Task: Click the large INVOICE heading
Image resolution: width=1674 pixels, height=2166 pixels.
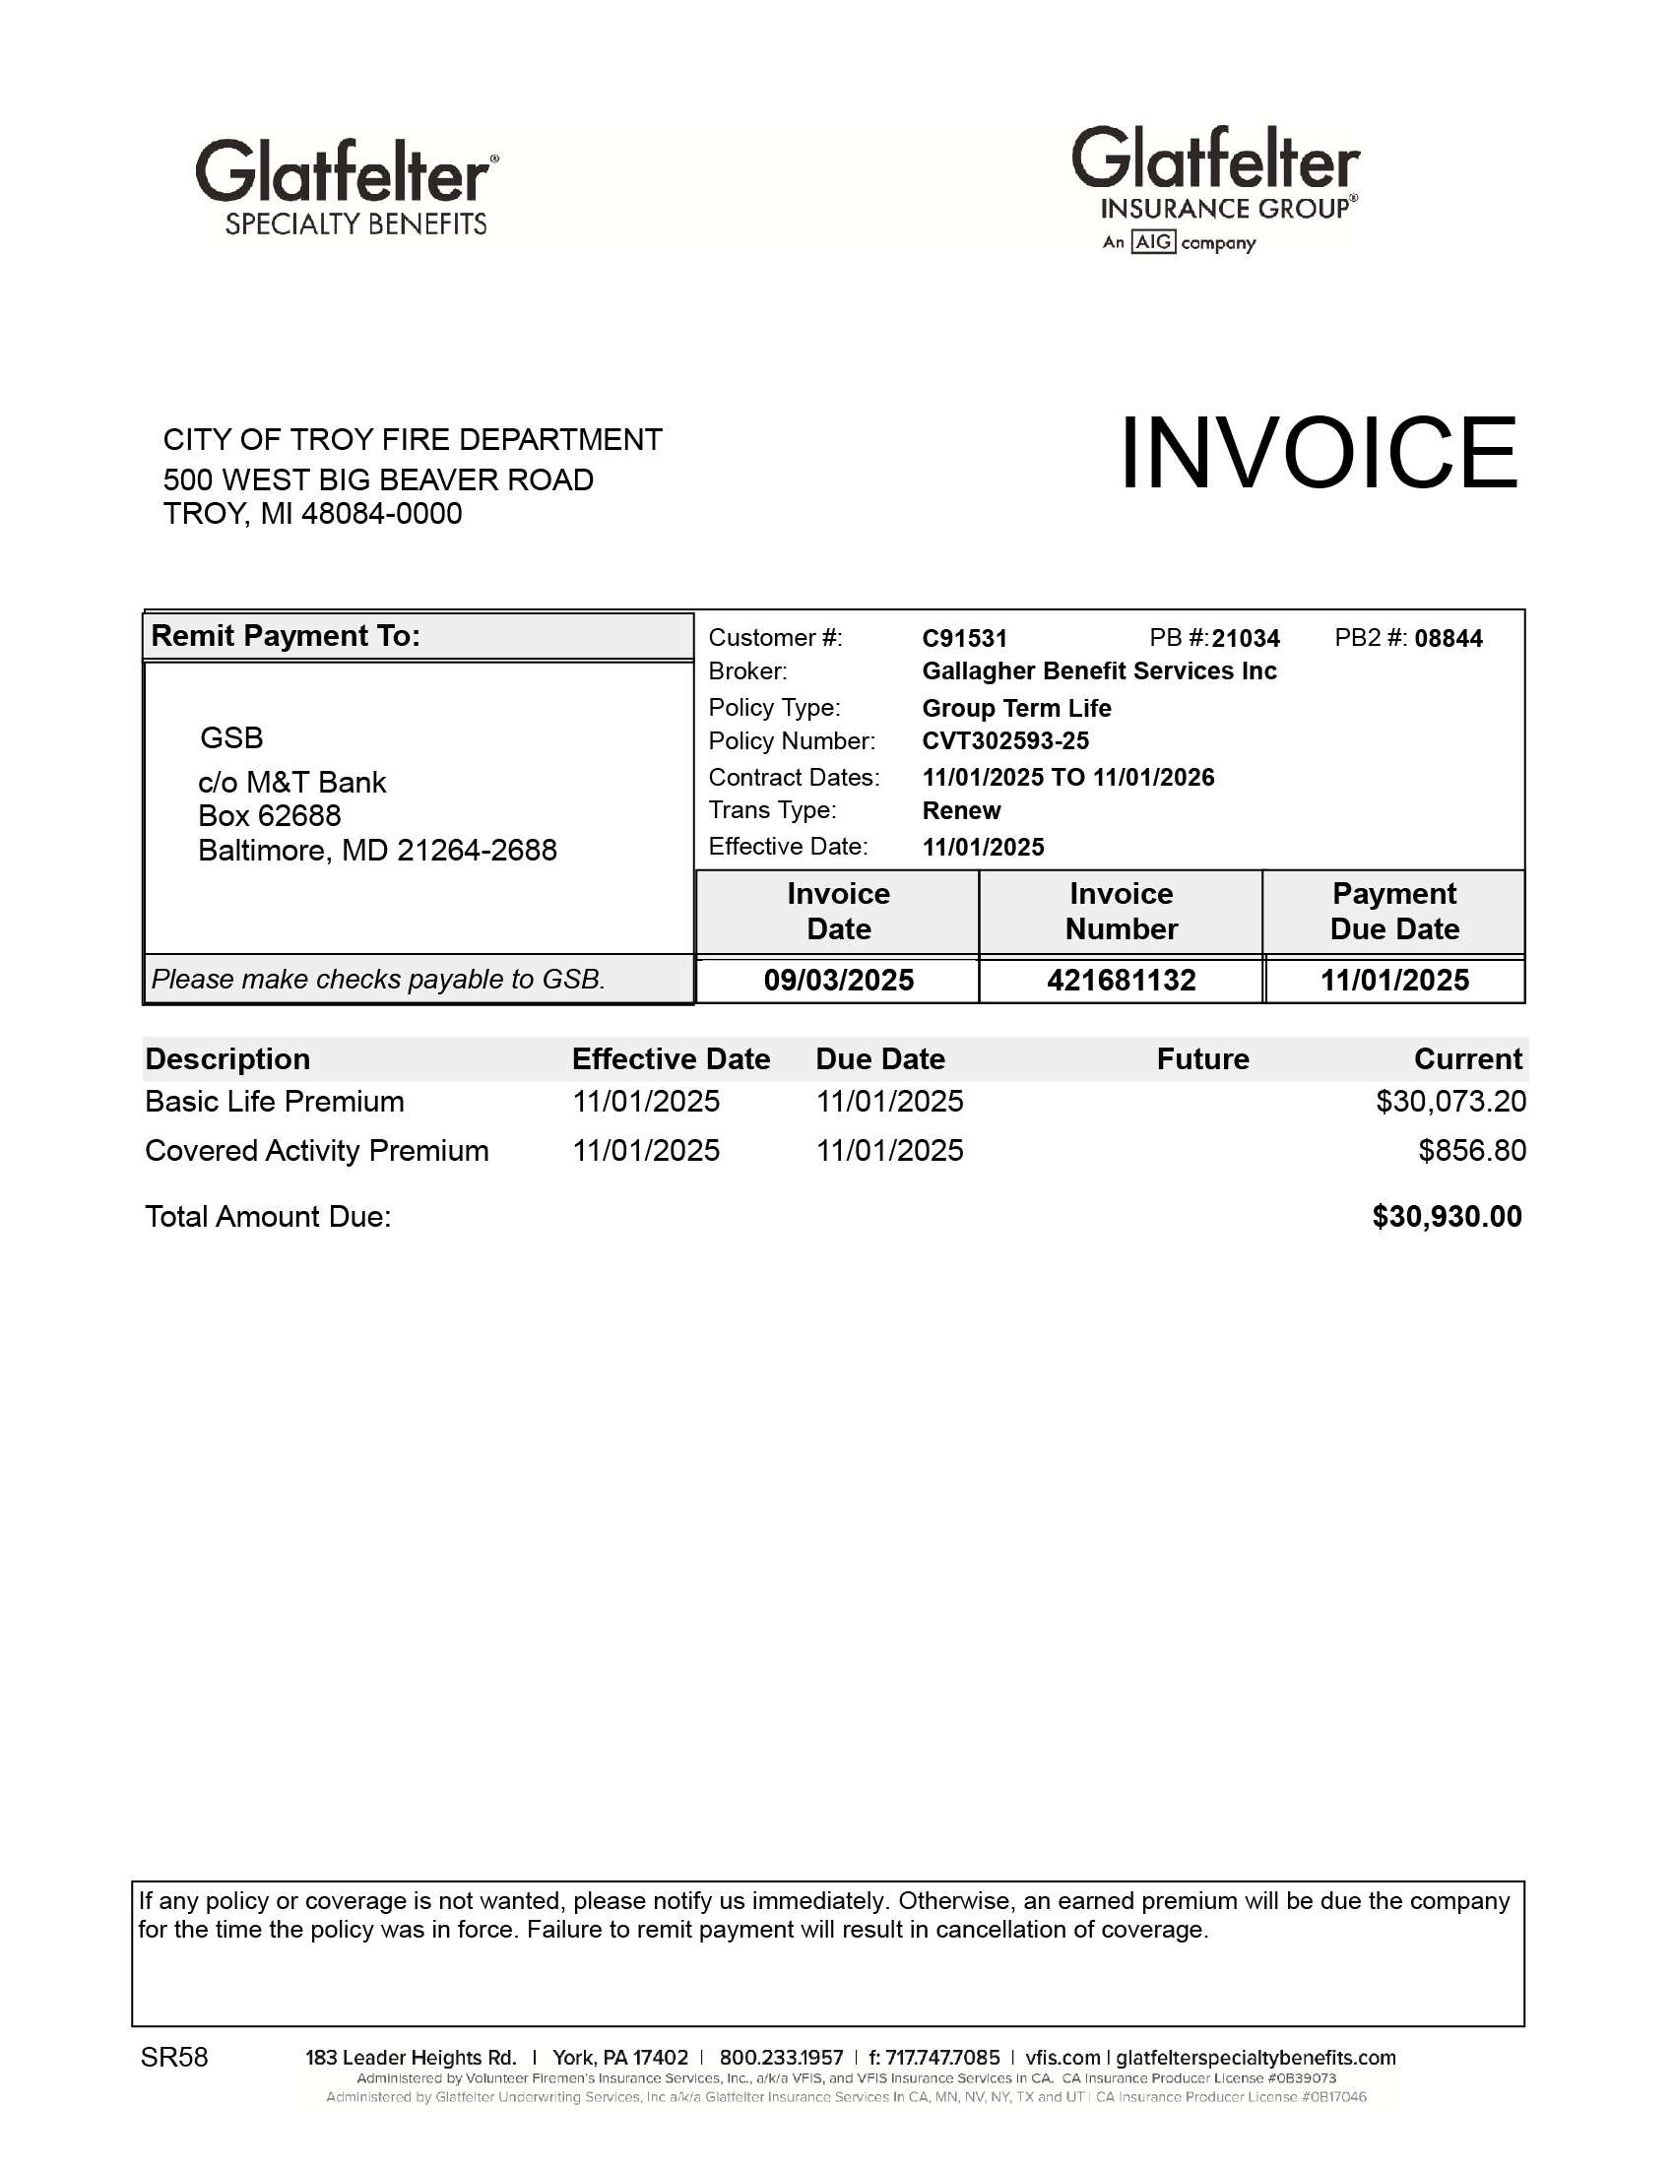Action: pos(1318,453)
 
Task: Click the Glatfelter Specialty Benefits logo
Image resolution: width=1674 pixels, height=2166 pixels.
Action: pos(348,186)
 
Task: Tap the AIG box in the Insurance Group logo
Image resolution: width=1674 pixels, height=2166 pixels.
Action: pos(1153,242)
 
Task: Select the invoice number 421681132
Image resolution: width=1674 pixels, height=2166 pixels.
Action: pos(1121,980)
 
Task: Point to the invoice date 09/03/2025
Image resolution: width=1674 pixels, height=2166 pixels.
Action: pos(838,980)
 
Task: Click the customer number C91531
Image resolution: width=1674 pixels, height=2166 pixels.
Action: pos(964,638)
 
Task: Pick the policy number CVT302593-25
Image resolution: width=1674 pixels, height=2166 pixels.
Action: pos(1004,740)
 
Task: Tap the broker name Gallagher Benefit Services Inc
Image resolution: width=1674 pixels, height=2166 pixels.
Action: pos(1099,671)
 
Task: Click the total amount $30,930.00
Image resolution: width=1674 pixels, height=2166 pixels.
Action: pos(1446,1216)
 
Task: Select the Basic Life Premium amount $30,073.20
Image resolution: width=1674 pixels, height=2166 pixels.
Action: pos(1449,1101)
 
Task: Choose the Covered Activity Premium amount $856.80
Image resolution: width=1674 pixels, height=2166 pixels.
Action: pos(1471,1150)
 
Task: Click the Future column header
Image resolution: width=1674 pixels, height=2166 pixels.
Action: pos(1202,1059)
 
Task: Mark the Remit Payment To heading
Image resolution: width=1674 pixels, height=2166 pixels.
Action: pos(286,636)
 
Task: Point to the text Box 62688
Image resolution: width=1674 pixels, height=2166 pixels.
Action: pos(269,815)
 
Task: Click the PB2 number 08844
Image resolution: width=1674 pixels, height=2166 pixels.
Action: pos(1448,638)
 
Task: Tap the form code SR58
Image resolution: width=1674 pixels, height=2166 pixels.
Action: pos(174,2057)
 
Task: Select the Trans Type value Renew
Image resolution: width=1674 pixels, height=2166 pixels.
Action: pos(961,810)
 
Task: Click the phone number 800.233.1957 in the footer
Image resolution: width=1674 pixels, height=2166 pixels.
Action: pos(781,2058)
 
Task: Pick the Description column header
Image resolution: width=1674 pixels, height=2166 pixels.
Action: pos(227,1059)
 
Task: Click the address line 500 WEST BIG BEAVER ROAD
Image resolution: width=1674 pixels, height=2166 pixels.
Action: pos(378,480)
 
